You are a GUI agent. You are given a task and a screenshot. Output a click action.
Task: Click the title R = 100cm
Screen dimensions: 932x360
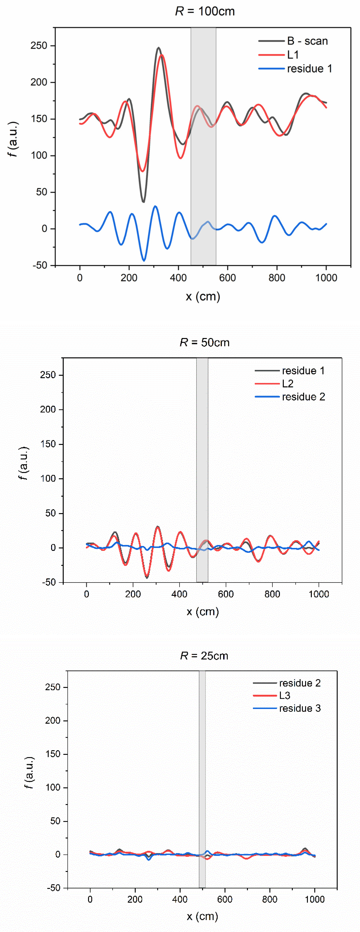(x=205, y=12)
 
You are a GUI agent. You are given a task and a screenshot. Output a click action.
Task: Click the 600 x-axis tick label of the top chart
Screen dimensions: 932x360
(x=227, y=278)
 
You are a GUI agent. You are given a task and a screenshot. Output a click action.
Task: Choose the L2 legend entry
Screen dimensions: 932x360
(x=288, y=383)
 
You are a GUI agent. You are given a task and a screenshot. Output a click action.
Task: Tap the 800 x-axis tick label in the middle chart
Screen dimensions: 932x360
(x=272, y=594)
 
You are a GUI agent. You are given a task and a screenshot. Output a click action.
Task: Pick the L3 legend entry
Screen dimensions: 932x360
(x=285, y=695)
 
